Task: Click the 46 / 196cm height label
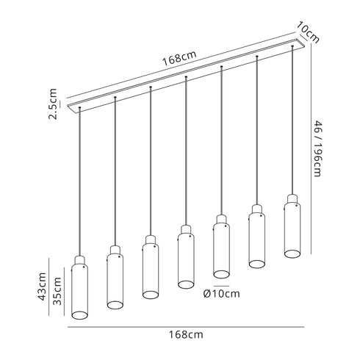pos(317,148)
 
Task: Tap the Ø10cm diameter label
pos(221,294)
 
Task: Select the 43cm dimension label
pos(42,287)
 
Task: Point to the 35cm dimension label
pos(57,291)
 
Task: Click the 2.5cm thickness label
pos(53,104)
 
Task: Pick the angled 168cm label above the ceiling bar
pos(179,58)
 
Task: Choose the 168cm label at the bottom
pos(186,334)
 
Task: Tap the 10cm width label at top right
pos(308,32)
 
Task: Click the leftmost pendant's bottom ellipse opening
pos(79,315)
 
